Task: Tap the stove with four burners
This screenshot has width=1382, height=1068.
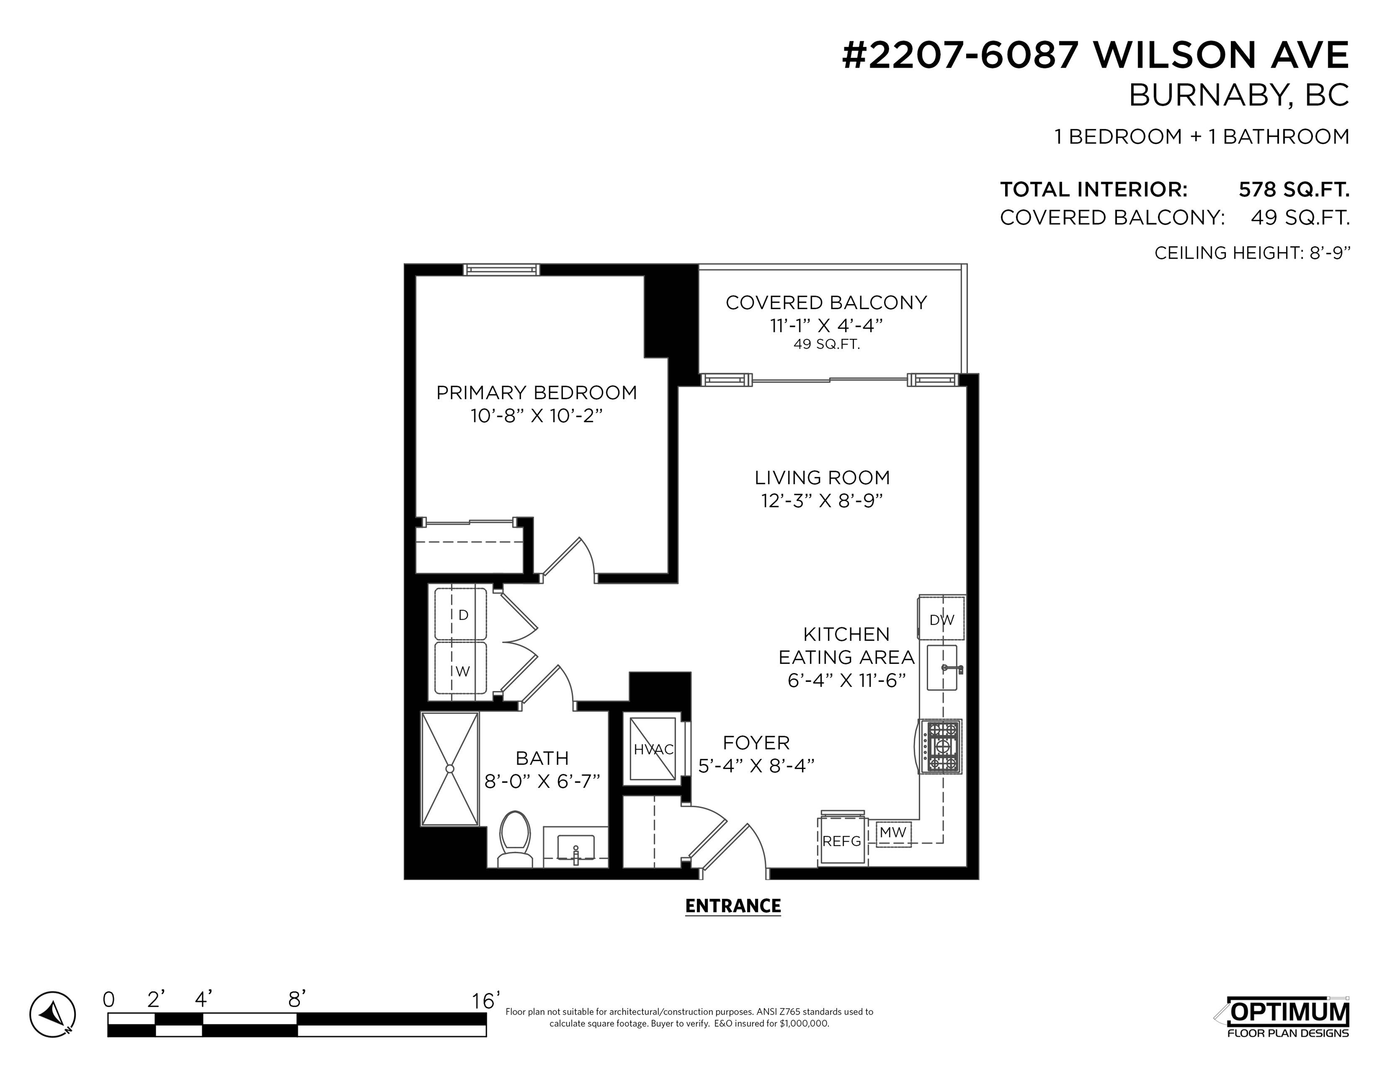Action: click(x=941, y=747)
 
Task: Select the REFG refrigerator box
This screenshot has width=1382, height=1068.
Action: click(x=841, y=841)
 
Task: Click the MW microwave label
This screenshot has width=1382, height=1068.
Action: click(x=893, y=833)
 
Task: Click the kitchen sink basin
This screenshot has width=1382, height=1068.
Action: click(x=942, y=667)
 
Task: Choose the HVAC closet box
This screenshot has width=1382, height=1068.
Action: click(x=653, y=749)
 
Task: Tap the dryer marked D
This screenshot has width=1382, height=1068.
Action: click(x=461, y=614)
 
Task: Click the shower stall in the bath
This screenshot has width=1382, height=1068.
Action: click(x=450, y=769)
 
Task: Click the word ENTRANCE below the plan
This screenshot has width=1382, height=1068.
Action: click(x=733, y=906)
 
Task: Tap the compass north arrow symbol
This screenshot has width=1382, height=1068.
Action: click(x=52, y=1014)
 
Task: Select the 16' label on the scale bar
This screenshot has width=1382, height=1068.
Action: click(x=486, y=1000)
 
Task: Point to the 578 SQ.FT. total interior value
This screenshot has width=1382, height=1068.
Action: click(x=1294, y=189)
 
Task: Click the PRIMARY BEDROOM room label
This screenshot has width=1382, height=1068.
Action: click(x=536, y=393)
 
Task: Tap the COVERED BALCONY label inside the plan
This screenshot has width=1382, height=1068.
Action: click(x=827, y=302)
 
